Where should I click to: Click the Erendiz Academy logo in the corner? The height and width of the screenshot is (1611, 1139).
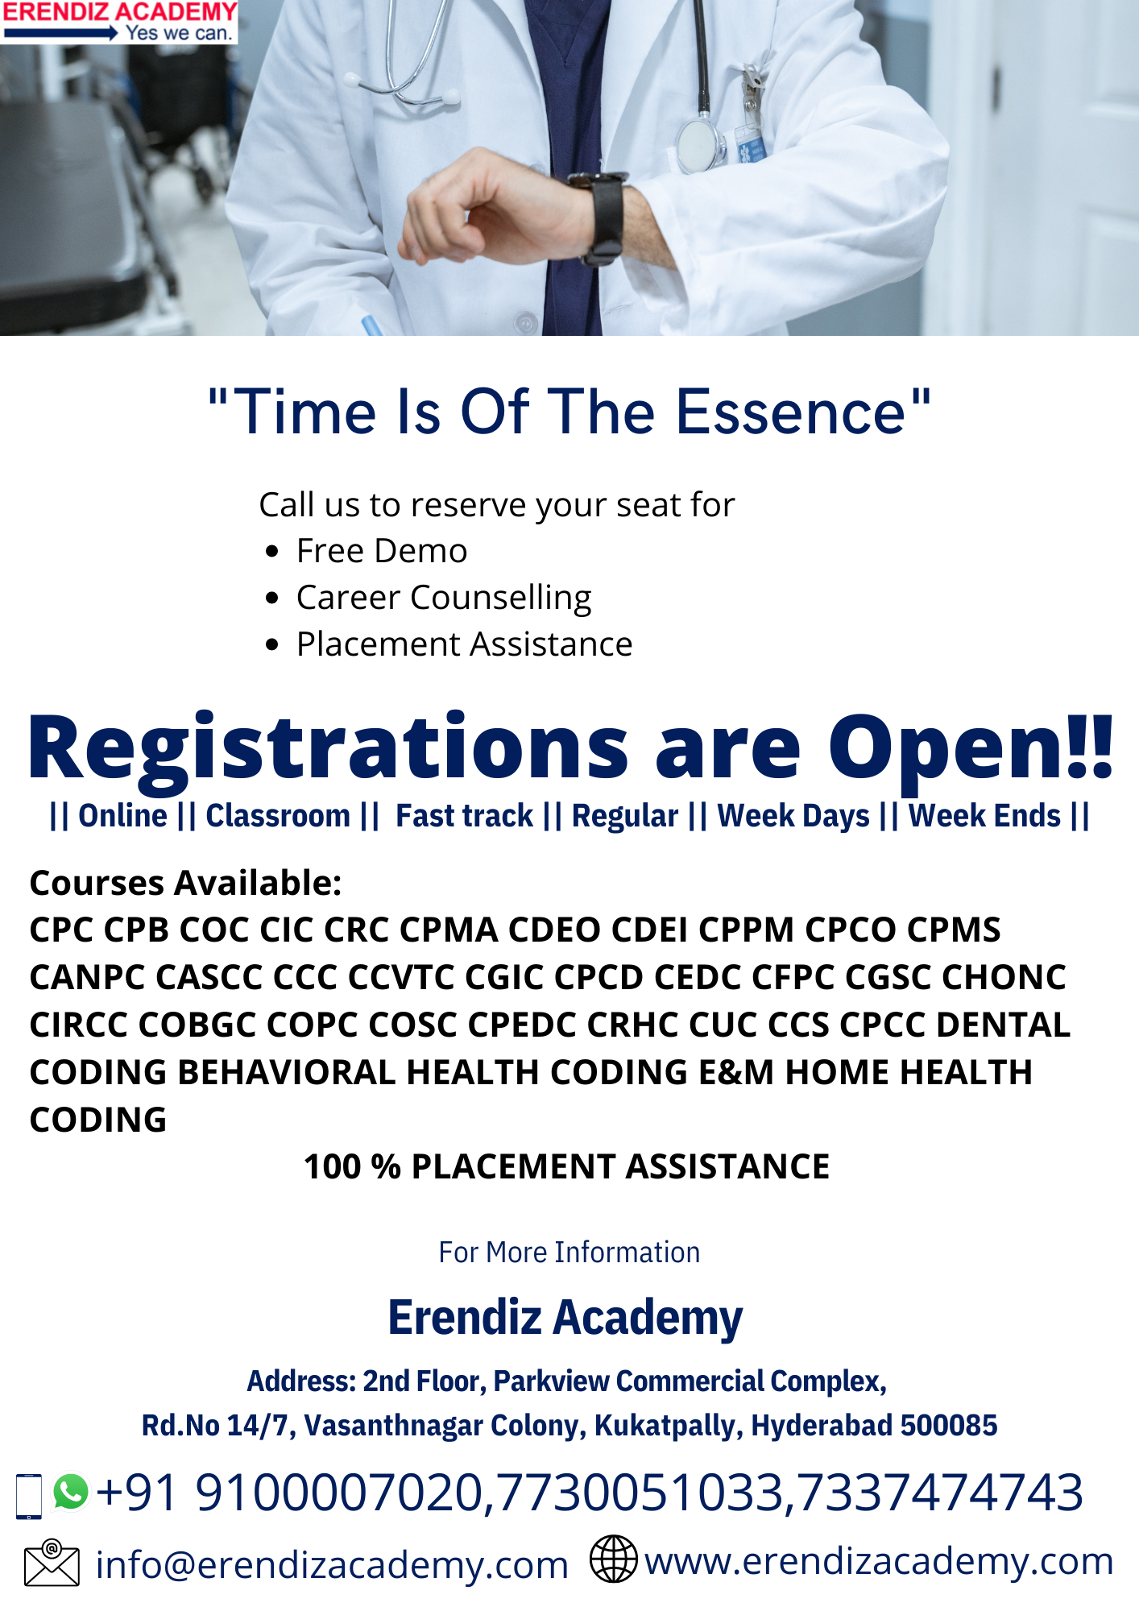(119, 22)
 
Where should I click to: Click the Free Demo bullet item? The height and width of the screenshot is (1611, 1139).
(382, 551)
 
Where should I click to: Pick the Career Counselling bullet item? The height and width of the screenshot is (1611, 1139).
(444, 598)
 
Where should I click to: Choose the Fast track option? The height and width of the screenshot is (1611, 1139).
(464, 816)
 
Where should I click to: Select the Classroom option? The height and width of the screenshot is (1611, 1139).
(278, 816)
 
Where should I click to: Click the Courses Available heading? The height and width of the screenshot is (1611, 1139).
(185, 883)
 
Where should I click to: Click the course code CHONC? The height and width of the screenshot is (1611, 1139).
(1004, 977)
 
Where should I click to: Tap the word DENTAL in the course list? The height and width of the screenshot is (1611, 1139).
(1003, 1025)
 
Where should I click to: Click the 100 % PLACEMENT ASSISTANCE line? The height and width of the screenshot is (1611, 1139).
(566, 1166)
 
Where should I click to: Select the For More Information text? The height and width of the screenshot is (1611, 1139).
(569, 1253)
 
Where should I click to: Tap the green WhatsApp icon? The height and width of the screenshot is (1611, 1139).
(71, 1492)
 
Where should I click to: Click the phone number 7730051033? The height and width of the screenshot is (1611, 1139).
(640, 1493)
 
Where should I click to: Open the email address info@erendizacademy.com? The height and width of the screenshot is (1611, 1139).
(332, 1565)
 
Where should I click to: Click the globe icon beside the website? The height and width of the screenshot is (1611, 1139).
(614, 1559)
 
